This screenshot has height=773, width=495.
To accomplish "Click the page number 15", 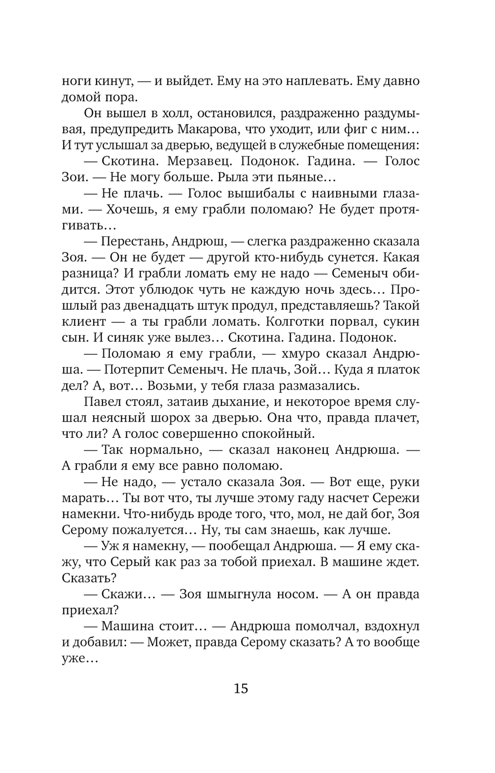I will coord(241,688).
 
